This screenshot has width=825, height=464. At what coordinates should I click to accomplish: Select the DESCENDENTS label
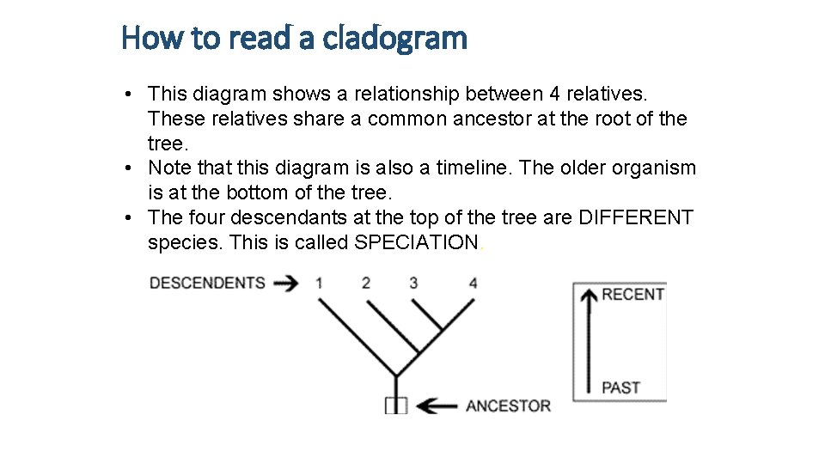point(207,283)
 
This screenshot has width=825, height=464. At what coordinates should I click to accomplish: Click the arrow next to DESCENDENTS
point(287,283)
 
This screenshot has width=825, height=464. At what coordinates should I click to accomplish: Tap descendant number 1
point(319,283)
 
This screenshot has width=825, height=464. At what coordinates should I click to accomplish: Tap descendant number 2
point(366,283)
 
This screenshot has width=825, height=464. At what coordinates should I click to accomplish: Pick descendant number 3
point(413,283)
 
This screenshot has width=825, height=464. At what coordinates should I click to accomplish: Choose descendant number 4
point(474,283)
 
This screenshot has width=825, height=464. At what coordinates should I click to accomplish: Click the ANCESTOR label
point(508,406)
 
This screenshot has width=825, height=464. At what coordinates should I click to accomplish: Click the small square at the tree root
point(395,406)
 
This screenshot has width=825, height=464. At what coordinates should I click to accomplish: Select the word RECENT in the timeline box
point(633,295)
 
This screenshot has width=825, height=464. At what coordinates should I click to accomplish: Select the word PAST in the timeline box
point(621,388)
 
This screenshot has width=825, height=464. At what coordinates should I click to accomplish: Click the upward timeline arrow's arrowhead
point(589,296)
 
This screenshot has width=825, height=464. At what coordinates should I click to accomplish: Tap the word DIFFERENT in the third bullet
point(636,217)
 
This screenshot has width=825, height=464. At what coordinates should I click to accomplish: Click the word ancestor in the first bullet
point(494,118)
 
